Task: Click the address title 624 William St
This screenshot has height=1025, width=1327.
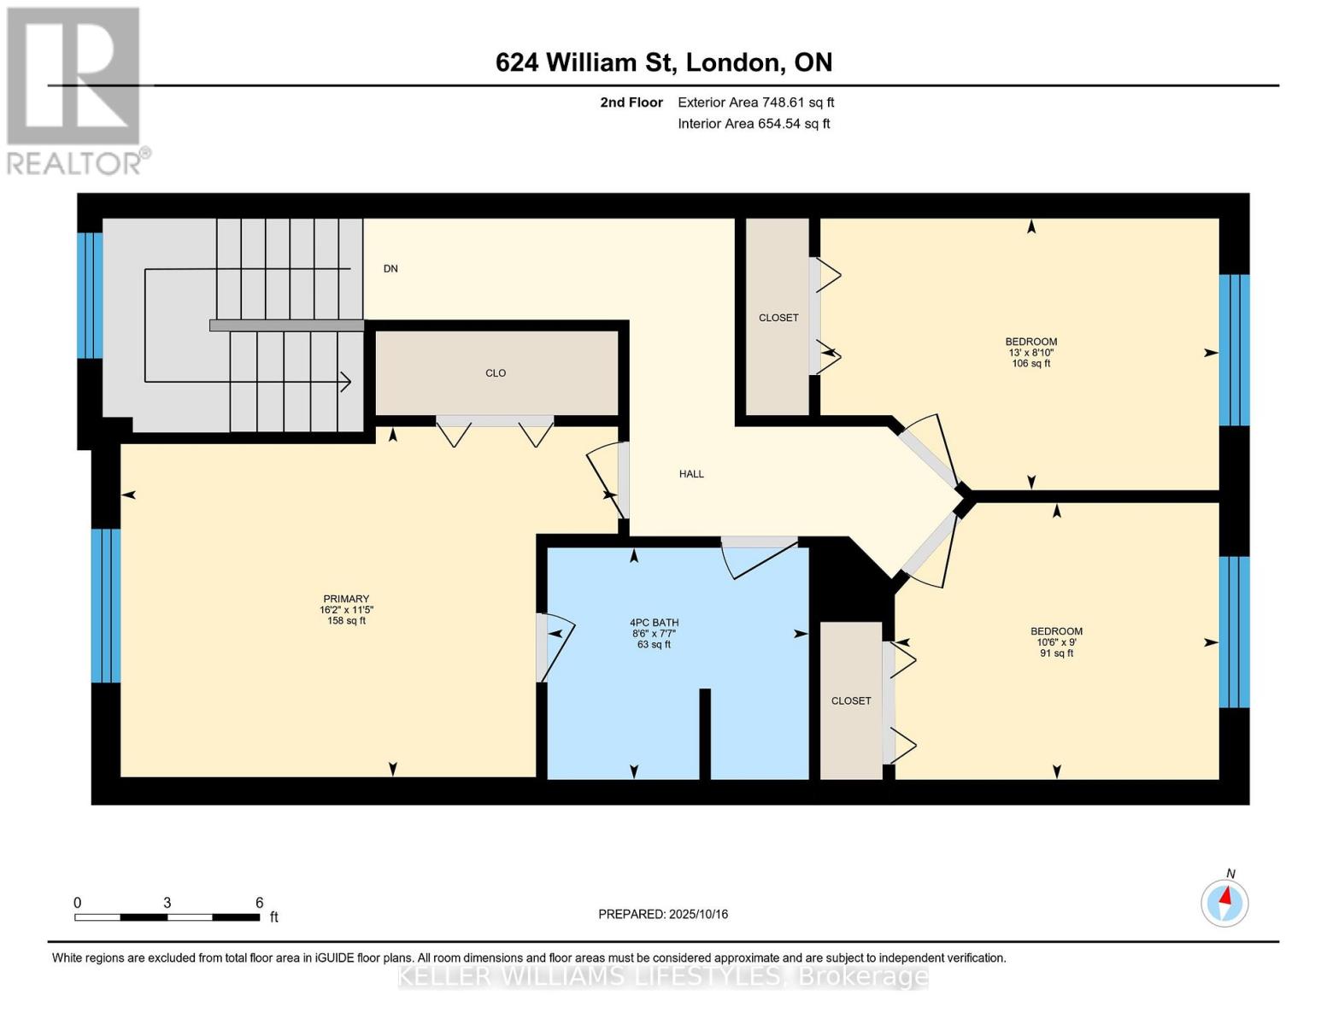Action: (x=663, y=62)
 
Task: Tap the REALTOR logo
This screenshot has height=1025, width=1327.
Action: (x=74, y=90)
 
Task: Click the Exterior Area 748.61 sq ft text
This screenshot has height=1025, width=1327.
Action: (x=755, y=102)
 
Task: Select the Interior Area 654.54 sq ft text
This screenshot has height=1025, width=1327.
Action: (x=754, y=124)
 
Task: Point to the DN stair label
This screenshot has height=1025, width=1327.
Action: (x=390, y=269)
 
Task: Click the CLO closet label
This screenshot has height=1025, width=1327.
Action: (x=496, y=373)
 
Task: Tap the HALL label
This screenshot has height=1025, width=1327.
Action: (x=691, y=474)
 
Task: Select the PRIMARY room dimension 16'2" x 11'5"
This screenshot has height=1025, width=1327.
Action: (x=346, y=610)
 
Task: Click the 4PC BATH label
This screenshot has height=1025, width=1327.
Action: (x=654, y=623)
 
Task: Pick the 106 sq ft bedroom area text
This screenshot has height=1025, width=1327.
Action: (x=1030, y=364)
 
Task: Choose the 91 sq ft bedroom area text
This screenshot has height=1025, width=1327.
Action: (x=1056, y=653)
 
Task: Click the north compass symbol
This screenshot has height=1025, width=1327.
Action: (x=1224, y=902)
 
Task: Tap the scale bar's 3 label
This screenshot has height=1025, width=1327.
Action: (x=167, y=903)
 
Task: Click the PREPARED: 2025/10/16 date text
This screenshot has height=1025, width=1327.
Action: (x=663, y=914)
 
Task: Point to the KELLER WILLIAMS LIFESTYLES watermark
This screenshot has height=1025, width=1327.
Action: (x=663, y=976)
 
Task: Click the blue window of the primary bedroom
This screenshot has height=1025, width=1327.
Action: (x=106, y=606)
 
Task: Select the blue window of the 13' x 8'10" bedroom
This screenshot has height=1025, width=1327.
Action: (x=1234, y=350)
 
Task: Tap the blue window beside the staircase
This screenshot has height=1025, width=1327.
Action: (x=90, y=296)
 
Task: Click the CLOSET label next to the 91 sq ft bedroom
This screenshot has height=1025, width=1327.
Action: (x=851, y=700)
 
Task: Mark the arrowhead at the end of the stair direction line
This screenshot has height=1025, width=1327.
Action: (x=347, y=382)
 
